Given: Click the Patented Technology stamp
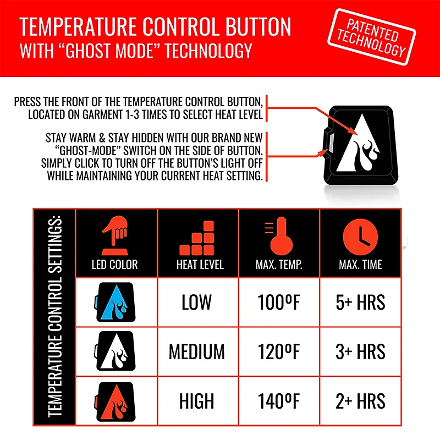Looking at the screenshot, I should pyautogui.click(x=372, y=37).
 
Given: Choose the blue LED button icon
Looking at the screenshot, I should pyautogui.click(x=116, y=302).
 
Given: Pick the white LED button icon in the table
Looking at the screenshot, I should pyautogui.click(x=116, y=351).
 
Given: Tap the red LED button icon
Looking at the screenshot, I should pyautogui.click(x=116, y=400).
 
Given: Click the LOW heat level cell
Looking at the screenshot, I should pyautogui.click(x=197, y=302).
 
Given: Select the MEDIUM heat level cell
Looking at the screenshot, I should pyautogui.click(x=197, y=351).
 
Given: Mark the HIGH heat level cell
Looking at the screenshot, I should pyautogui.click(x=197, y=401).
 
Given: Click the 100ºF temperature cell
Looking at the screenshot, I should pyautogui.click(x=279, y=302).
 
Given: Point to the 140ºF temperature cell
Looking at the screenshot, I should pyautogui.click(x=279, y=401).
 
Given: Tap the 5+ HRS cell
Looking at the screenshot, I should pyautogui.click(x=360, y=302).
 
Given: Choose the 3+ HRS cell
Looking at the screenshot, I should pyautogui.click(x=360, y=351).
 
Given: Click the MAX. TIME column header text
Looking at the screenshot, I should pyautogui.click(x=360, y=265).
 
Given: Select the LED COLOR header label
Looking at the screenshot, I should pyautogui.click(x=115, y=265).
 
